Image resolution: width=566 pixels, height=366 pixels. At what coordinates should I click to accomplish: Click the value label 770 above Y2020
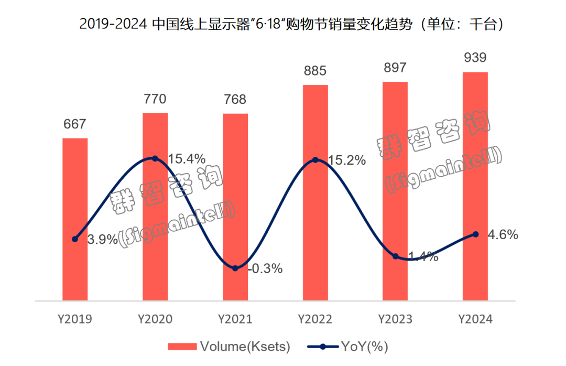[x=155, y=99]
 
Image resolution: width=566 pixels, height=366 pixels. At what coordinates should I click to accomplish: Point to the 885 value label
[x=315, y=71]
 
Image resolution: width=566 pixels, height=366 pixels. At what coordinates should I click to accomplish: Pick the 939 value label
[x=475, y=58]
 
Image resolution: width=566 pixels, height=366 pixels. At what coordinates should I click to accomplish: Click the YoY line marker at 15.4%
[x=155, y=158]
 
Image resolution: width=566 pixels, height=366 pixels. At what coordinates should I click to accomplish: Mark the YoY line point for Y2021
[x=235, y=268]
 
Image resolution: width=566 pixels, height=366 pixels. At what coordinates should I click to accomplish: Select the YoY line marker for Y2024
[x=475, y=234]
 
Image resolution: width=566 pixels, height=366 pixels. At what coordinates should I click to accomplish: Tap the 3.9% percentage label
[x=102, y=240]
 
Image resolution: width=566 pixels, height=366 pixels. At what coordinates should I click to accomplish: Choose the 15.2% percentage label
[x=346, y=160]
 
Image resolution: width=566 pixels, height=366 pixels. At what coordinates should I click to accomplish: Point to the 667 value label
[x=75, y=124]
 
